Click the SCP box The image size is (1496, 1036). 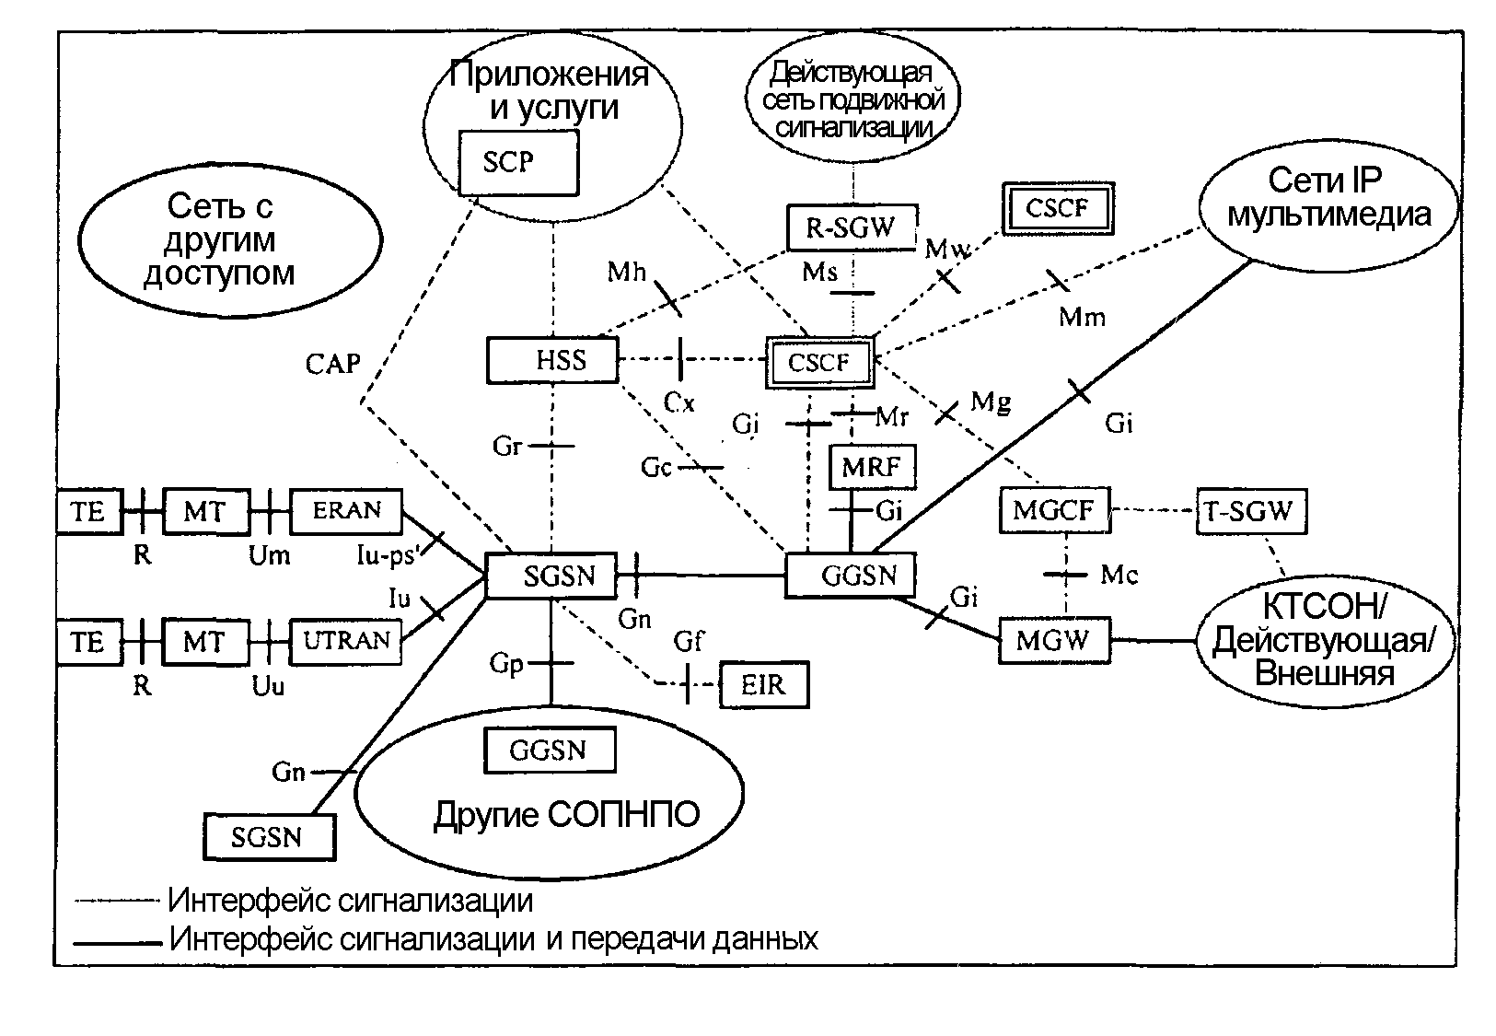tap(518, 163)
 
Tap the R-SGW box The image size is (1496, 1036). tap(852, 227)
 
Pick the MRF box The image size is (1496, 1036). tap(872, 467)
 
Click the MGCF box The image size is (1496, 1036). tap(1053, 510)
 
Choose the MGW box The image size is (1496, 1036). tap(1054, 640)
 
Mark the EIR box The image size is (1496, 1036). tap(764, 684)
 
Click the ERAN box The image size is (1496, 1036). tap(346, 511)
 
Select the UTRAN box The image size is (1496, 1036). tap(346, 641)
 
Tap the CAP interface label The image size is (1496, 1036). tap(332, 365)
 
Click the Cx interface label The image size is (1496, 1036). tap(679, 402)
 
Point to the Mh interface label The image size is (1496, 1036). tap(627, 273)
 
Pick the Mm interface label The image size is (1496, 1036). tap(1082, 318)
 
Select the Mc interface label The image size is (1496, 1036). tap(1119, 575)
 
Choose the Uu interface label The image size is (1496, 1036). tap(268, 686)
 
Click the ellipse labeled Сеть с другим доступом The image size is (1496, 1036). tap(230, 239)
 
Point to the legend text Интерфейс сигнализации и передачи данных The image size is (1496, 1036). tap(493, 939)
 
